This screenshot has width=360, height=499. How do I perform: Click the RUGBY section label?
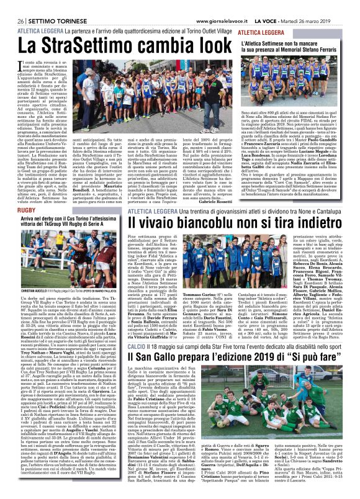pos(19,189)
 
